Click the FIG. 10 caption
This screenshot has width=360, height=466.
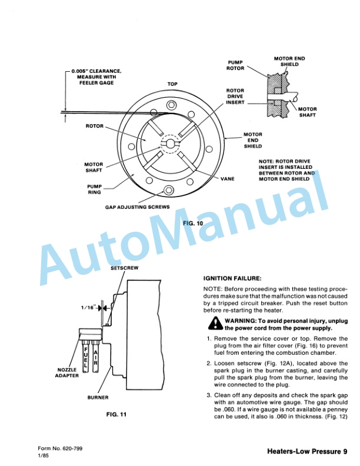(x=192, y=224)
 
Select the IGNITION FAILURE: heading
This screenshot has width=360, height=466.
(x=232, y=278)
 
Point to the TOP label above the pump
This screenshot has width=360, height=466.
(x=172, y=84)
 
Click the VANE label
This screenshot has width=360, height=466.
(x=227, y=178)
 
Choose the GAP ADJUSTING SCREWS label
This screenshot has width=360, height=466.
(x=137, y=207)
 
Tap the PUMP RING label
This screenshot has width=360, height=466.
(x=95, y=188)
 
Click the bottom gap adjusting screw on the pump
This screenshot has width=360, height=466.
(x=169, y=190)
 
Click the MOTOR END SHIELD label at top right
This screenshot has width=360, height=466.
(x=289, y=61)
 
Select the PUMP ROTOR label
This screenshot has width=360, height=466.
(x=235, y=65)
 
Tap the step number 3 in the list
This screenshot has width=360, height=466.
(x=208, y=395)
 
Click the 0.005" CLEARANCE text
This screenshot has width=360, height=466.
(x=96, y=71)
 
